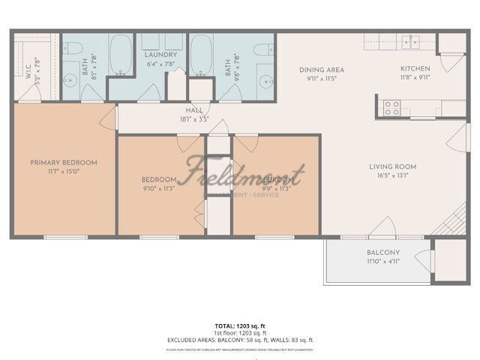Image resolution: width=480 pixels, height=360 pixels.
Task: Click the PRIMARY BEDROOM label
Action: click(64, 162)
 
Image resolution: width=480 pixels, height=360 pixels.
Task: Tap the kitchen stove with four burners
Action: click(392, 107)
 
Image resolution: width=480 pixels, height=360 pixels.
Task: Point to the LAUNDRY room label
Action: click(160, 55)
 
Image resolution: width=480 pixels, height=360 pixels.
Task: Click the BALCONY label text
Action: click(383, 252)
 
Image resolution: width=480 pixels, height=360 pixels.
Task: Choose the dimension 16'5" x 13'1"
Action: click(392, 177)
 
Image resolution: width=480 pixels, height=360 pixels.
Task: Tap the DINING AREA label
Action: click(320, 68)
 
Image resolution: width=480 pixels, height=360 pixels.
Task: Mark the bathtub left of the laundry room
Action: click(121, 55)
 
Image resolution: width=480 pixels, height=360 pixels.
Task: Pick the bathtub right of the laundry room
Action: click(200, 55)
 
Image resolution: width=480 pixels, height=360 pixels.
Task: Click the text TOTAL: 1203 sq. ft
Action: click(239, 325)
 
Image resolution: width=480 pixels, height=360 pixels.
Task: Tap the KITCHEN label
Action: click(414, 68)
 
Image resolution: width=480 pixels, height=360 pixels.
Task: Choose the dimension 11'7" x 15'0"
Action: click(64, 172)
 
